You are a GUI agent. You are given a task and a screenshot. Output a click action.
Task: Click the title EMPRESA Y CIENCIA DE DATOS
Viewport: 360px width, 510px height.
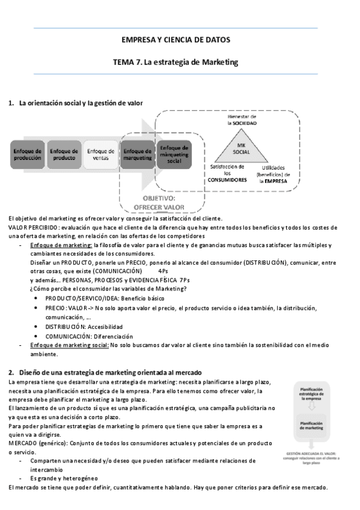click(x=175, y=40)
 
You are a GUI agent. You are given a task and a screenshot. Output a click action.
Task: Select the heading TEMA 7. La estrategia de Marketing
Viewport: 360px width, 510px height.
click(x=175, y=61)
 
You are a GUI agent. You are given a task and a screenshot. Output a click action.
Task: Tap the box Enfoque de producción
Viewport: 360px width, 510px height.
click(x=28, y=155)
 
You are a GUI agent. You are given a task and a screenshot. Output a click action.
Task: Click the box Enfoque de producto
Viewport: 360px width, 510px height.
click(x=64, y=155)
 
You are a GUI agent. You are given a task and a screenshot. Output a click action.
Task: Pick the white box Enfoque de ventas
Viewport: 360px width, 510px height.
click(x=100, y=155)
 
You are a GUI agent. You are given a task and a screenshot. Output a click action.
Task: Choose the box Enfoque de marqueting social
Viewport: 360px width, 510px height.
click(x=174, y=155)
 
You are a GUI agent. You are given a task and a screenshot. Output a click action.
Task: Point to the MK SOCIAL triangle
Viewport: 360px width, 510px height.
click(x=242, y=149)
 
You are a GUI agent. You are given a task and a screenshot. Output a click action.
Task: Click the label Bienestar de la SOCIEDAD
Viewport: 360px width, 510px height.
click(x=242, y=119)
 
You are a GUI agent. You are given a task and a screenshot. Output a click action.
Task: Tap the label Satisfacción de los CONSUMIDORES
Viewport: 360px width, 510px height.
click(x=227, y=174)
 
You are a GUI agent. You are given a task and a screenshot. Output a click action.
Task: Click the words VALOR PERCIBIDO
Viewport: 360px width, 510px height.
click(x=34, y=227)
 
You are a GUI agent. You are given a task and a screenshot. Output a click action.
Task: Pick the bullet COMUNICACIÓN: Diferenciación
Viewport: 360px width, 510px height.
click(x=88, y=336)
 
